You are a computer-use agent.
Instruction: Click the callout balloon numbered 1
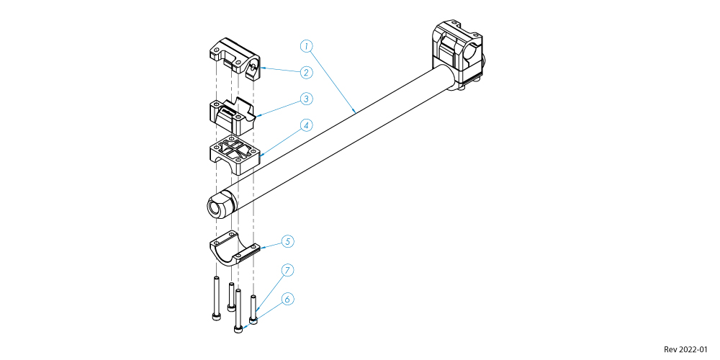(307, 46)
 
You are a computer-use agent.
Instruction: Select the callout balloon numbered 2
(307, 72)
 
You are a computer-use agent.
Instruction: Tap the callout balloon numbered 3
(307, 98)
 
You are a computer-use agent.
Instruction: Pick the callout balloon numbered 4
(307, 125)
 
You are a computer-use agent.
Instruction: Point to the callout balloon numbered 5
(287, 241)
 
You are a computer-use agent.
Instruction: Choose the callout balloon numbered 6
(287, 300)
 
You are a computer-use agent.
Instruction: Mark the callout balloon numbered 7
(287, 271)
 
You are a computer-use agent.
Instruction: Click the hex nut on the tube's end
(221, 204)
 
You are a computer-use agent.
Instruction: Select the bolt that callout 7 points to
(253, 309)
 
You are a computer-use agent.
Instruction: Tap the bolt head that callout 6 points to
(238, 329)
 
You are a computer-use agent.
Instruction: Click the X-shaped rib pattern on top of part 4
(235, 148)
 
